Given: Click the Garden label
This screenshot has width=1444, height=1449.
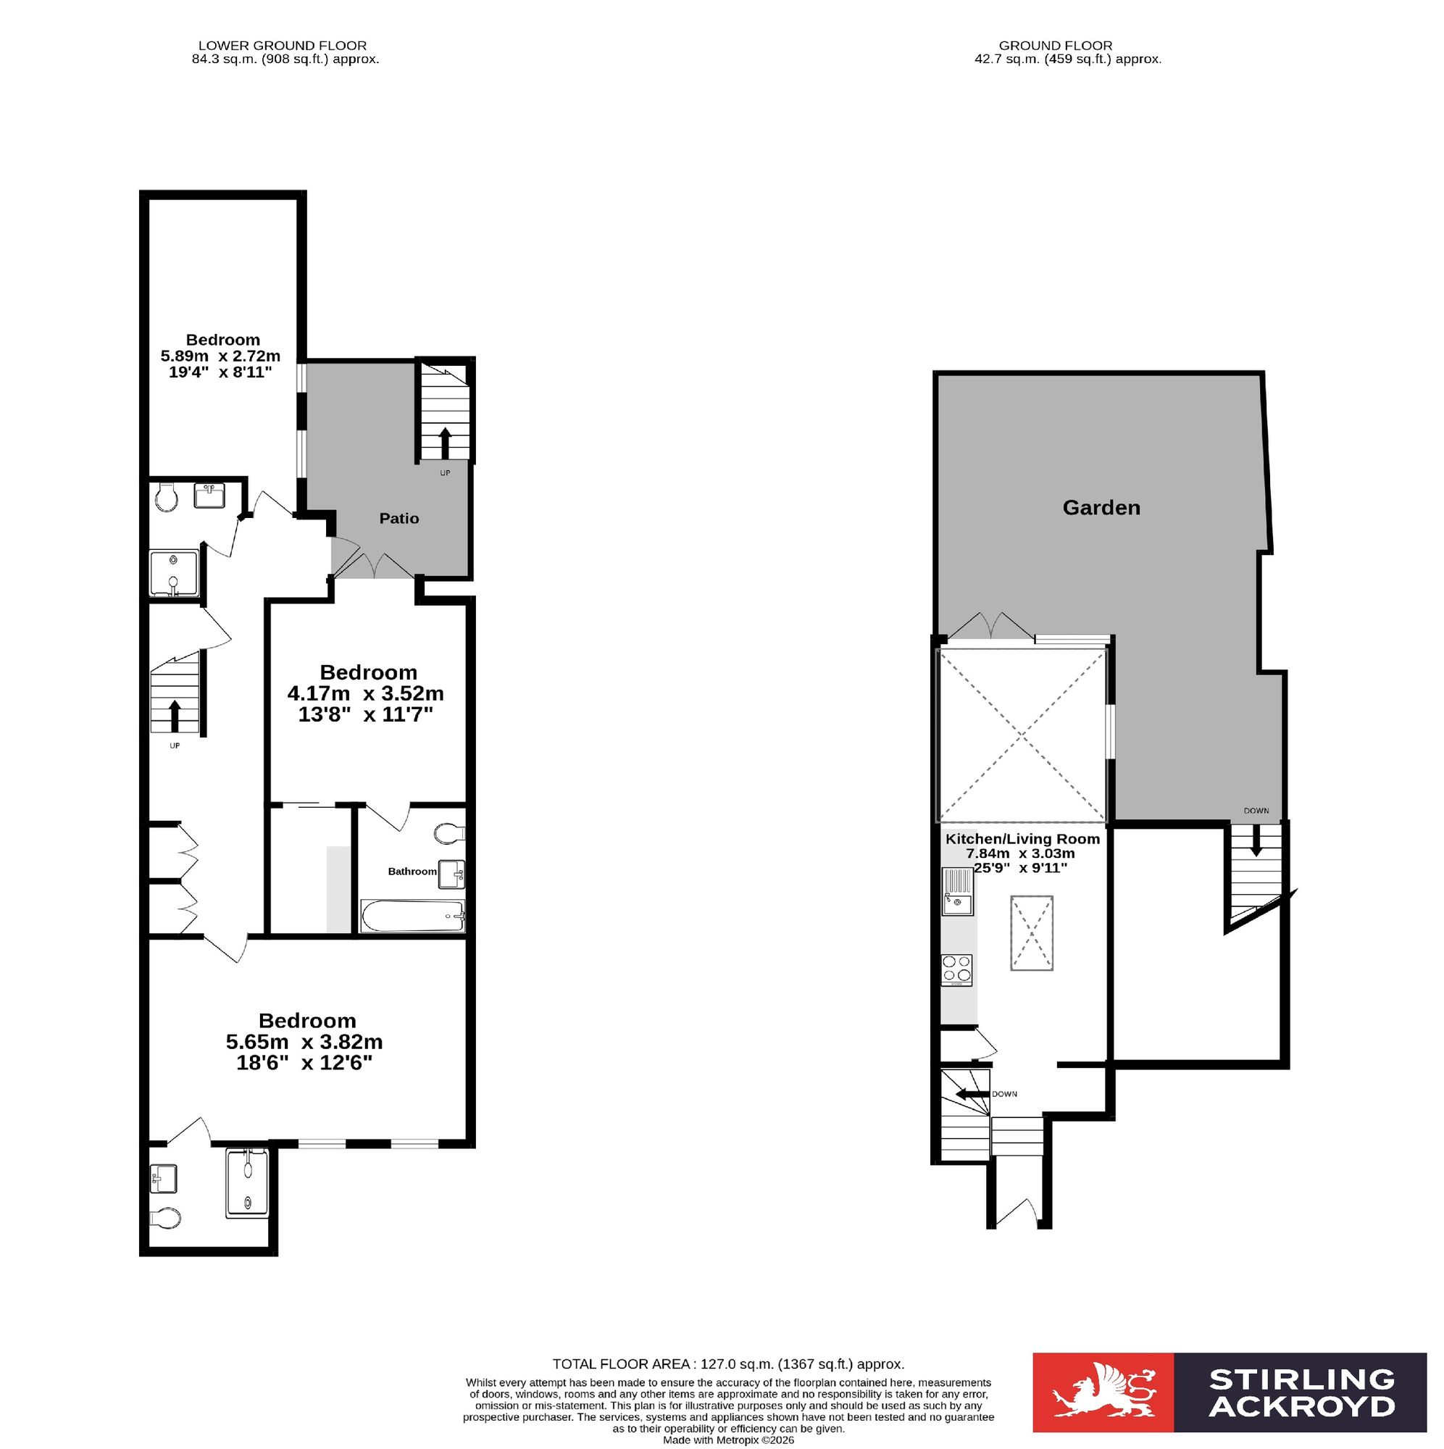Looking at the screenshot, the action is click(1101, 508).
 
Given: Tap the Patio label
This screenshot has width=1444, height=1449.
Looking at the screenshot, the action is click(399, 518).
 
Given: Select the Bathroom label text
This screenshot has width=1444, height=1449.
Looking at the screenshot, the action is click(412, 871).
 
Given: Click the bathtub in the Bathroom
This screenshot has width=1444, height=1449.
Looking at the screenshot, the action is click(412, 916).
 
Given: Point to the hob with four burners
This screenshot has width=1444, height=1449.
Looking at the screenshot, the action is click(956, 970).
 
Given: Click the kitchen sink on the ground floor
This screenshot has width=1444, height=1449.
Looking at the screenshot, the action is click(957, 892).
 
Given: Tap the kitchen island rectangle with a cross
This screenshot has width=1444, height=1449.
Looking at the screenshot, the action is click(1032, 933).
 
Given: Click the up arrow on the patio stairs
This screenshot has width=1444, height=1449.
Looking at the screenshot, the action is click(444, 443).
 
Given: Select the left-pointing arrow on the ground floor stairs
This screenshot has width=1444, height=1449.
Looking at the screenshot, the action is click(973, 1094).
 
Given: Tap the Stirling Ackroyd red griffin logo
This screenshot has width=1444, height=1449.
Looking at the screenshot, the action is click(1103, 1402).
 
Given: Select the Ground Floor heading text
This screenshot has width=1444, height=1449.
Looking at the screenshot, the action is click(1056, 46).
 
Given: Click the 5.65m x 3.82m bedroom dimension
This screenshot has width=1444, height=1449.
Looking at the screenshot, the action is click(304, 1042).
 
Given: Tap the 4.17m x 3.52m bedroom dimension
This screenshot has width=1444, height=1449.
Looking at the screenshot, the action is click(365, 693).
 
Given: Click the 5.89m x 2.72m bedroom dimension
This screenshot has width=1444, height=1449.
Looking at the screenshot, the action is click(220, 356).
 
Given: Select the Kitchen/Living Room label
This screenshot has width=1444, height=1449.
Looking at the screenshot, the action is click(1022, 839).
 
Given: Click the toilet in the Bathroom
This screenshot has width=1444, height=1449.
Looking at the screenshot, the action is click(450, 832).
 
